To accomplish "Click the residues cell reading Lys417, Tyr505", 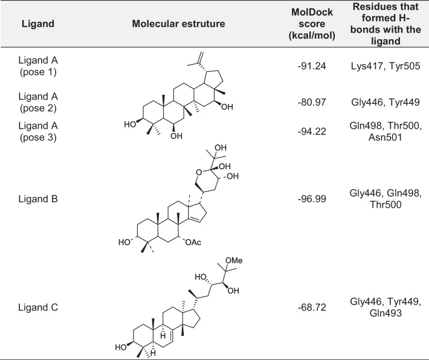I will coord(385,67).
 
